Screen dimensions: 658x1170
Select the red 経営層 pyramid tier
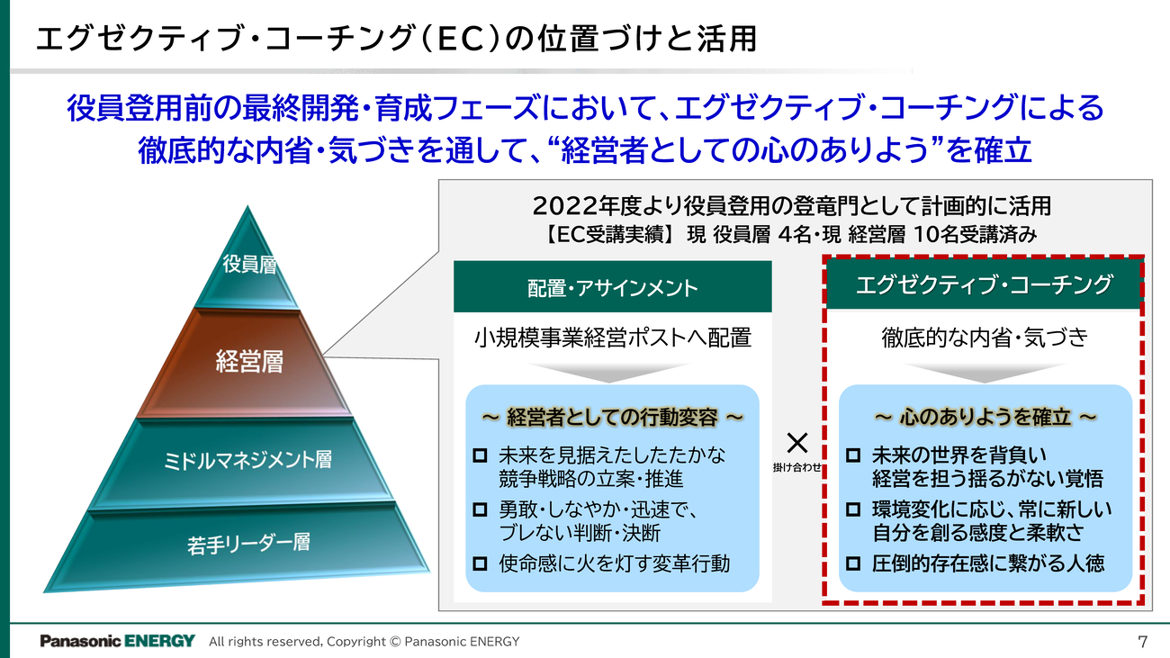tap(249, 362)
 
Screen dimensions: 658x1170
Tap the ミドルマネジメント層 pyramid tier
tap(247, 459)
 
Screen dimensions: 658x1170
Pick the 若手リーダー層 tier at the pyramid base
tap(248, 543)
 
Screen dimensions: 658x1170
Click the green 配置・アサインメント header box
tap(612, 287)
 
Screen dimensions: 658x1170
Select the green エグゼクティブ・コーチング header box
tap(984, 285)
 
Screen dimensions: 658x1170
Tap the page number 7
tap(1143, 641)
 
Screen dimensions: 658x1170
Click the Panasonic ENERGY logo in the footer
tap(117, 641)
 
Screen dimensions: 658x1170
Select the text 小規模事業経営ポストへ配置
tap(612, 338)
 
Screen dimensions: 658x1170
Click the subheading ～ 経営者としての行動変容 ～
tap(612, 418)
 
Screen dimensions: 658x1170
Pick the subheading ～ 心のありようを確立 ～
tap(985, 418)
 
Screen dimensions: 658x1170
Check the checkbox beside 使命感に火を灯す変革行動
tap(480, 565)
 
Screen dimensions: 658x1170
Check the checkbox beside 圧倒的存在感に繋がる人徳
tap(853, 565)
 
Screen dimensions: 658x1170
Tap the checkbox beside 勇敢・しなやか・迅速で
tap(480, 510)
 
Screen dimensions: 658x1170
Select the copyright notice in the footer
tap(364, 642)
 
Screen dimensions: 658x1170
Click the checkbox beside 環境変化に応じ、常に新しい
tap(853, 510)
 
